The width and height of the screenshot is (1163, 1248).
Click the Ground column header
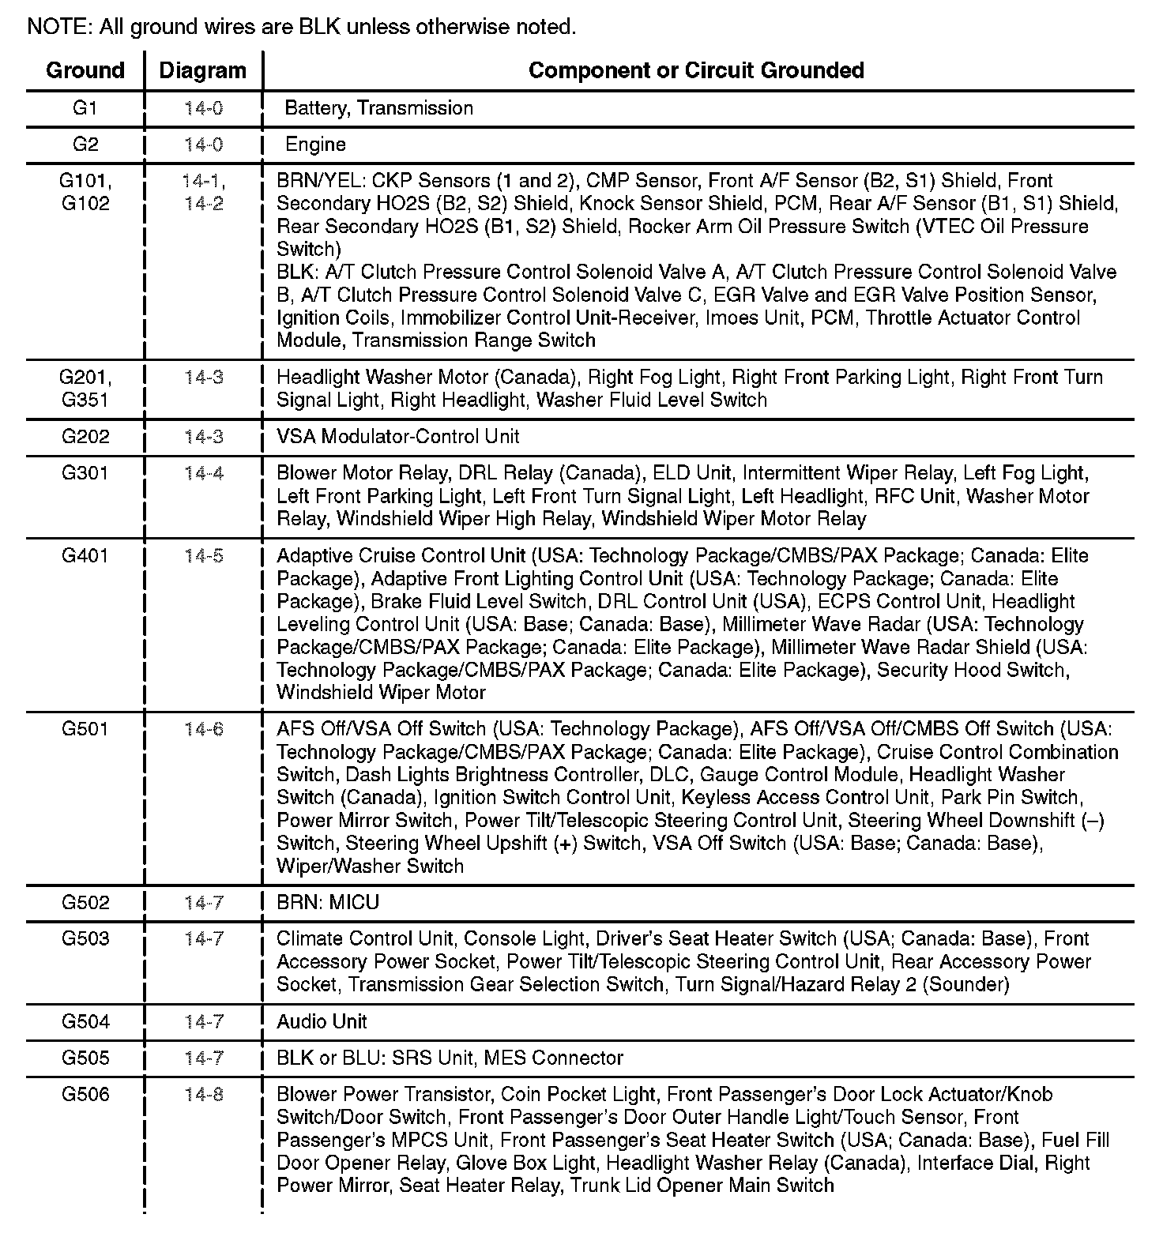coord(85,70)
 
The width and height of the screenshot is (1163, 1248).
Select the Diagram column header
coord(203,70)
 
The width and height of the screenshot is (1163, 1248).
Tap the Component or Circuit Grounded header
coord(696,70)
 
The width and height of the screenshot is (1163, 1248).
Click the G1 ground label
coord(85,108)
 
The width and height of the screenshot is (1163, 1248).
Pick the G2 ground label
coord(85,145)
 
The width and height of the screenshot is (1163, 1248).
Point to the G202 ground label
coord(85,437)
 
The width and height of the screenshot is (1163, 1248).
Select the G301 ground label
coord(85,473)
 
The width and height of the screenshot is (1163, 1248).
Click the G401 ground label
coord(85,556)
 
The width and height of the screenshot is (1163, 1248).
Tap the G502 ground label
coord(85,903)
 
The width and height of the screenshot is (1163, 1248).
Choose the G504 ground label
coord(85,1022)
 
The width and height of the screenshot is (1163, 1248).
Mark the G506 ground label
coord(85,1095)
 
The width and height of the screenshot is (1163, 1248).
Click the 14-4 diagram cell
coord(204,473)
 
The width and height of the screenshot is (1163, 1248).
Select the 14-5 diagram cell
coord(204,556)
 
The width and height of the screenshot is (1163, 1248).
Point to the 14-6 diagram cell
coord(204,729)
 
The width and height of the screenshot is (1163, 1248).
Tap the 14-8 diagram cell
coord(204,1095)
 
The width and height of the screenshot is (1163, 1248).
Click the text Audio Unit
coord(322,1022)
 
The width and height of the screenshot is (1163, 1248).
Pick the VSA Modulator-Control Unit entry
coord(398,437)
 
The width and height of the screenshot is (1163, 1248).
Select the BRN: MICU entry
coord(328,903)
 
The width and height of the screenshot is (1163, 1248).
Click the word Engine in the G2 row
coord(315,145)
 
